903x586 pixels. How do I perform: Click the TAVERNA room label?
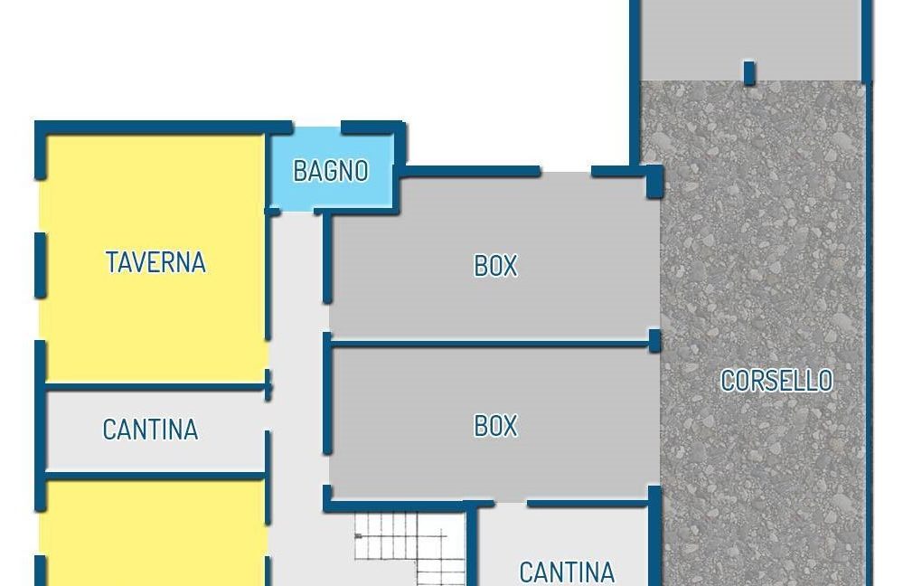pos(155,262)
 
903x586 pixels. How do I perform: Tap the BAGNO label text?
pos(331,171)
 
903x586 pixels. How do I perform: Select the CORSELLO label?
pos(776,381)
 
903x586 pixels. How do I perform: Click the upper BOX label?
pos(495,266)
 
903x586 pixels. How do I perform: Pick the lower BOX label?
pos(495,426)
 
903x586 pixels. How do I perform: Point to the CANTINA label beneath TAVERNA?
pos(150,430)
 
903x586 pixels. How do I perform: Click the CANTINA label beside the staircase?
pos(567,572)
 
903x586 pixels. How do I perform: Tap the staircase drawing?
pos(410,549)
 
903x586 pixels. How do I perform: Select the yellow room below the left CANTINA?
pos(155,533)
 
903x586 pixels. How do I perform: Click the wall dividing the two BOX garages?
pos(490,344)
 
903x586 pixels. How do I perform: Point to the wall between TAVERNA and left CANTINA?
pos(155,387)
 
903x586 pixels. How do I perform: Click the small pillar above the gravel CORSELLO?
pos(749,72)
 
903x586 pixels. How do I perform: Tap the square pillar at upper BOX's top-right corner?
pos(654,182)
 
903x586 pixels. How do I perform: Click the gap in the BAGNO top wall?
pos(316,128)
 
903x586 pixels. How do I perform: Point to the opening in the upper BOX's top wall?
pos(566,171)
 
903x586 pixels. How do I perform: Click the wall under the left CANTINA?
pos(155,476)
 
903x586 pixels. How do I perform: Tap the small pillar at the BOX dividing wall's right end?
pos(654,341)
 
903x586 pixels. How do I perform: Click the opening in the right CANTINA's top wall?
pos(511,505)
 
